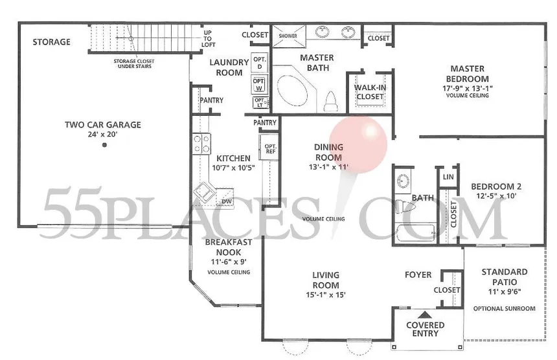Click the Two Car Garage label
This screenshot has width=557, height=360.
102,125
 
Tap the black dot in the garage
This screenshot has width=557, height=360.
104,145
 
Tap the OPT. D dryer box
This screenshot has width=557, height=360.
260,63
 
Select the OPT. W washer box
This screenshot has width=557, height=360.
260,84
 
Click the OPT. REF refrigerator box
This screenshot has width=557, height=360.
269,149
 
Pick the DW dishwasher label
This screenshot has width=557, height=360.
227,201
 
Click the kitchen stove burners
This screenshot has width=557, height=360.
201,142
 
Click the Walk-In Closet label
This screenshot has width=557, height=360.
370,92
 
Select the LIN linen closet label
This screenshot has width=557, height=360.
448,177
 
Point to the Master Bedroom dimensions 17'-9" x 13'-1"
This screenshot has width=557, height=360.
467,87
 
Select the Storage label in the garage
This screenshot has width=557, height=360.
52,42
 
